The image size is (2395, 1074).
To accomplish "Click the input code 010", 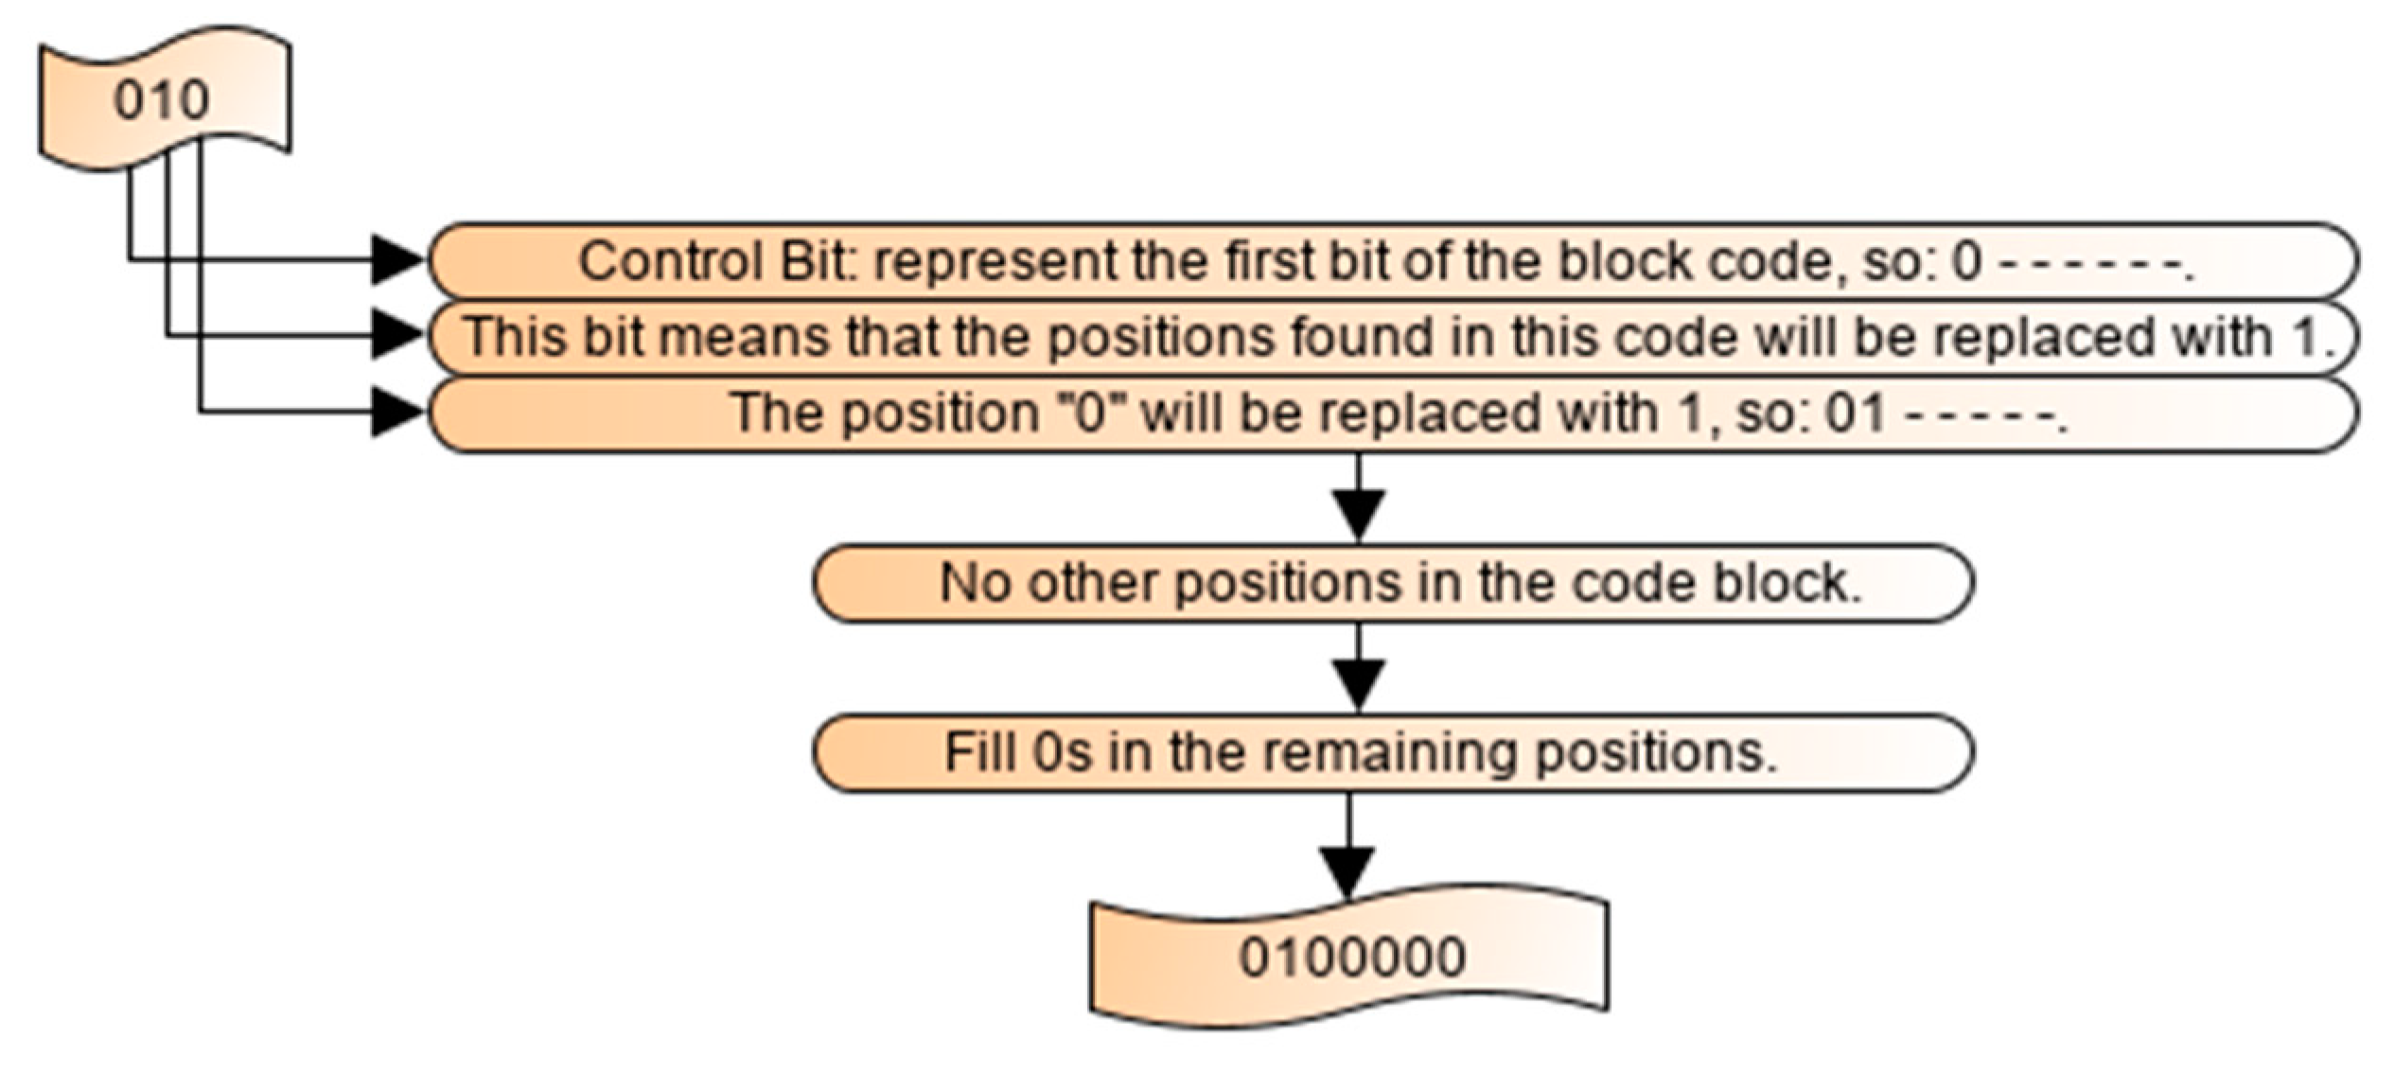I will pos(161,100).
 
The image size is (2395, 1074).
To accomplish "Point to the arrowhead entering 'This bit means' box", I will pos(397,335).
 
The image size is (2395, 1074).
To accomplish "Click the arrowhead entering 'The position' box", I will pos(397,412).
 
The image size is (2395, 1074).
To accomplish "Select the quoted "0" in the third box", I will pos(1091,413).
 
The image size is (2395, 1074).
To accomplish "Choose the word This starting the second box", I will pos(516,337).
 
